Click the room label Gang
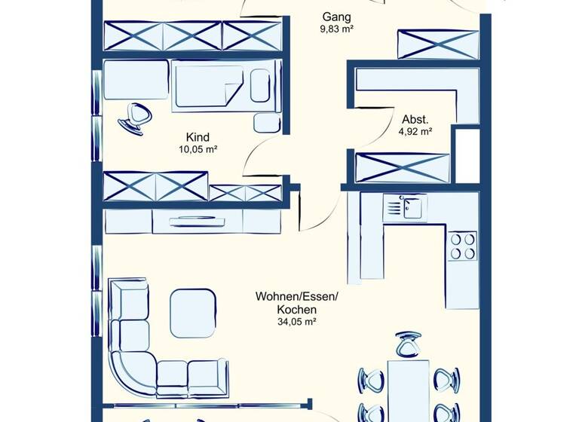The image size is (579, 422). pos(336,17)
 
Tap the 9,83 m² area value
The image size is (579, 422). pos(336,29)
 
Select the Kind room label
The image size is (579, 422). pos(197,137)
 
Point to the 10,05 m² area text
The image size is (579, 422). pos(197,149)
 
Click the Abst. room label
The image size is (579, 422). pos(414,119)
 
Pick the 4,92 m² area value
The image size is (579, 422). pos(415,131)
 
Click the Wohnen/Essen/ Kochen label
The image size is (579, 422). pos(296,303)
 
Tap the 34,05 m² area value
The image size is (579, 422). pos(296,322)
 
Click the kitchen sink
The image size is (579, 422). pos(404,207)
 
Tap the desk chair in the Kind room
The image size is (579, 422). pos(136,118)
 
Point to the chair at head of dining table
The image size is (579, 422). pos(407,345)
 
